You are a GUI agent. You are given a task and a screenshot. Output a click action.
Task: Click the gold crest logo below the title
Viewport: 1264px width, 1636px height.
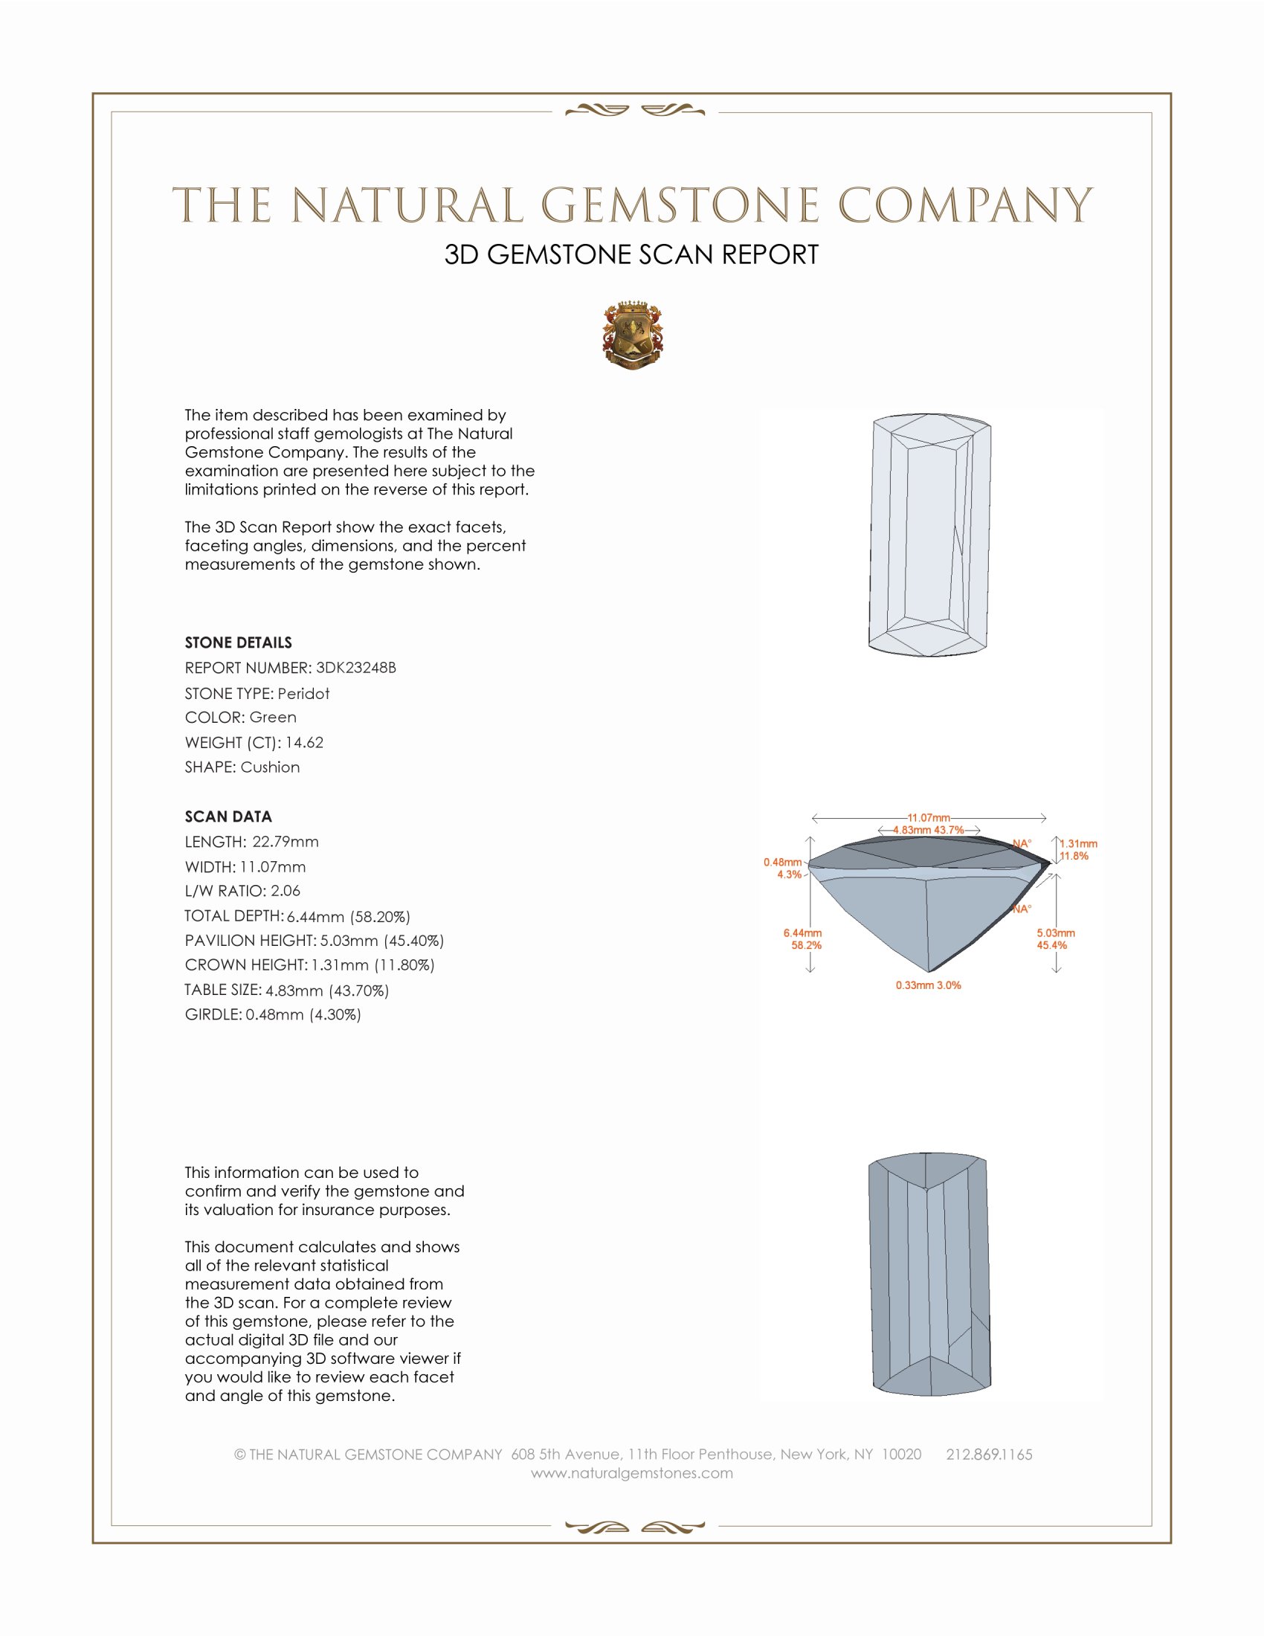coord(632,335)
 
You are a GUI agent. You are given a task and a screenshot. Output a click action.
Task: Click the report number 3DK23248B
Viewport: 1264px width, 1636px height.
coord(355,668)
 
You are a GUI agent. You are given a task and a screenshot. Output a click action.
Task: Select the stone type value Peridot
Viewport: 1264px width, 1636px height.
coord(303,694)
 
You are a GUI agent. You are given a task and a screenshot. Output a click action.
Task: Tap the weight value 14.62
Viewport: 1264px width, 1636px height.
coord(304,742)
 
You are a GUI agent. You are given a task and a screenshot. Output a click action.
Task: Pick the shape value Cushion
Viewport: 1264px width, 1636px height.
coord(270,767)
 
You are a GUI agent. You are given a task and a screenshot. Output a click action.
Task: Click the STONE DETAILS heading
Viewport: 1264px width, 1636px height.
coord(238,643)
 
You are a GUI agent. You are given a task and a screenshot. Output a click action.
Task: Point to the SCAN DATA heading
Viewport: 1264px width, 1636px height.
coord(228,817)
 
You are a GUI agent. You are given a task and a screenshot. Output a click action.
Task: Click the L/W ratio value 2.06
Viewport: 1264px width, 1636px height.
coord(286,891)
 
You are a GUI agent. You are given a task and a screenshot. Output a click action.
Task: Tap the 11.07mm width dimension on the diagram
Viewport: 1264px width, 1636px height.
coord(929,817)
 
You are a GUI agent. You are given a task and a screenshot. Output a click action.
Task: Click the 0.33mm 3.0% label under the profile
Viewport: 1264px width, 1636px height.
coord(928,985)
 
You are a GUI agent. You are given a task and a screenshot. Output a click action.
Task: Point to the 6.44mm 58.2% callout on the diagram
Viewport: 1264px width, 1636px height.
coord(803,938)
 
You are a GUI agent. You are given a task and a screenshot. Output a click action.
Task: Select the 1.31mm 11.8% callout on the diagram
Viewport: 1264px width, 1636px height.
coord(1077,849)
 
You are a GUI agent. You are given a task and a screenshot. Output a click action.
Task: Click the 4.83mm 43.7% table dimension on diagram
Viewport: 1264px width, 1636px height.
coord(928,830)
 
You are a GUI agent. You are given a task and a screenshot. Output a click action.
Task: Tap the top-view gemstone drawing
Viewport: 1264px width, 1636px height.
coord(929,535)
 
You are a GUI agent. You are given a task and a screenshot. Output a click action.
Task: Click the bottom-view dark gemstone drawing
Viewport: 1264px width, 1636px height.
coord(929,1273)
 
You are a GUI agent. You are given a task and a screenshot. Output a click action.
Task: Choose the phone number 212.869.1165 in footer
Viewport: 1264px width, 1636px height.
coord(988,1455)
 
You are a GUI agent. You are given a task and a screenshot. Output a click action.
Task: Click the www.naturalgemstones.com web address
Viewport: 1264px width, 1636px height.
coord(632,1473)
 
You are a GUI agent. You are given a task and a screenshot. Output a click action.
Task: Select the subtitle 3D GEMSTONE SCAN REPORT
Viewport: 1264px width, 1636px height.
coord(631,254)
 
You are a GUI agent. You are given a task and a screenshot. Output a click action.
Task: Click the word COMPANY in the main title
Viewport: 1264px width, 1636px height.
coord(964,205)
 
